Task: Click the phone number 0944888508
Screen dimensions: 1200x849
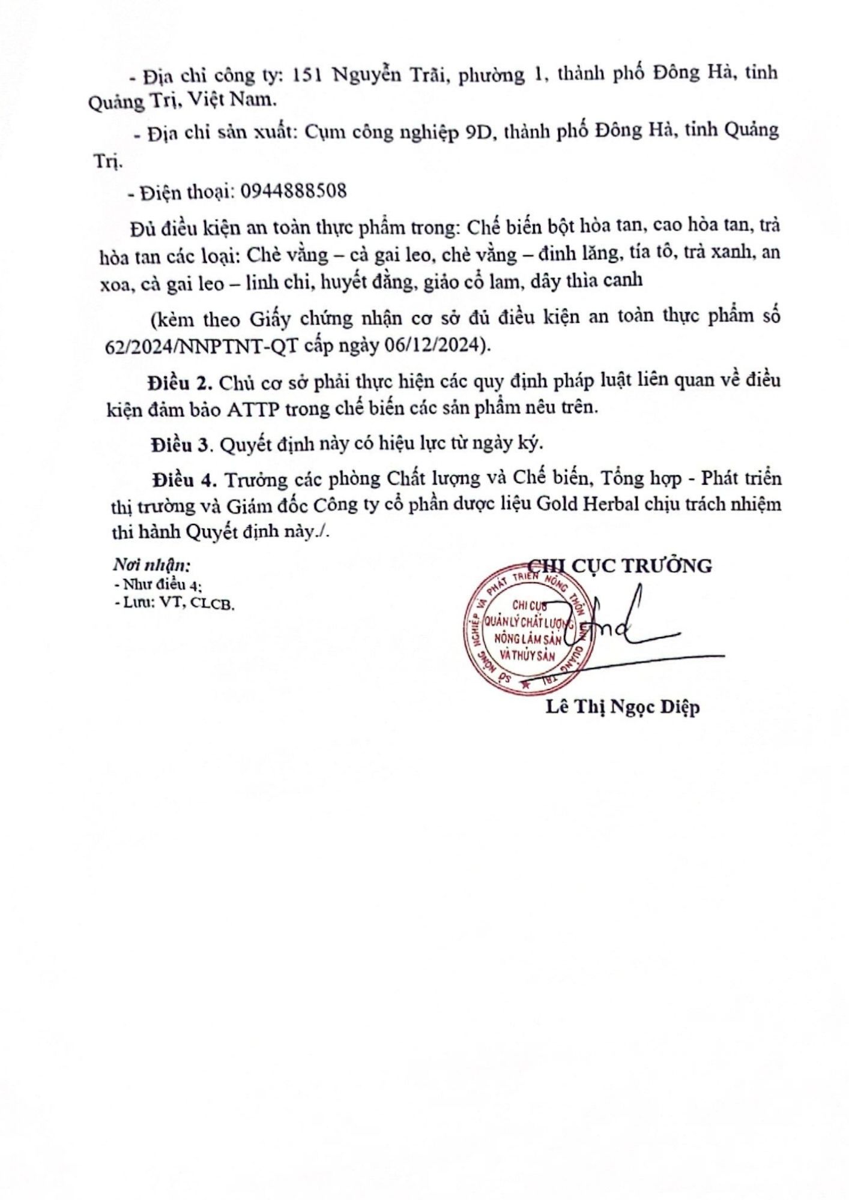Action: point(294,191)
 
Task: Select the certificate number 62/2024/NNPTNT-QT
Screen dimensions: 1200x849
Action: point(201,347)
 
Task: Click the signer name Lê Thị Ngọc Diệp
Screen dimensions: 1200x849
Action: point(623,707)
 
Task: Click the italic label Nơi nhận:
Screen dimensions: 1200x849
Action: point(152,565)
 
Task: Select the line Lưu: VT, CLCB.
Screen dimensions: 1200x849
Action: point(174,604)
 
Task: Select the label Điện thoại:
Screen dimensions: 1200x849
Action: point(186,192)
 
